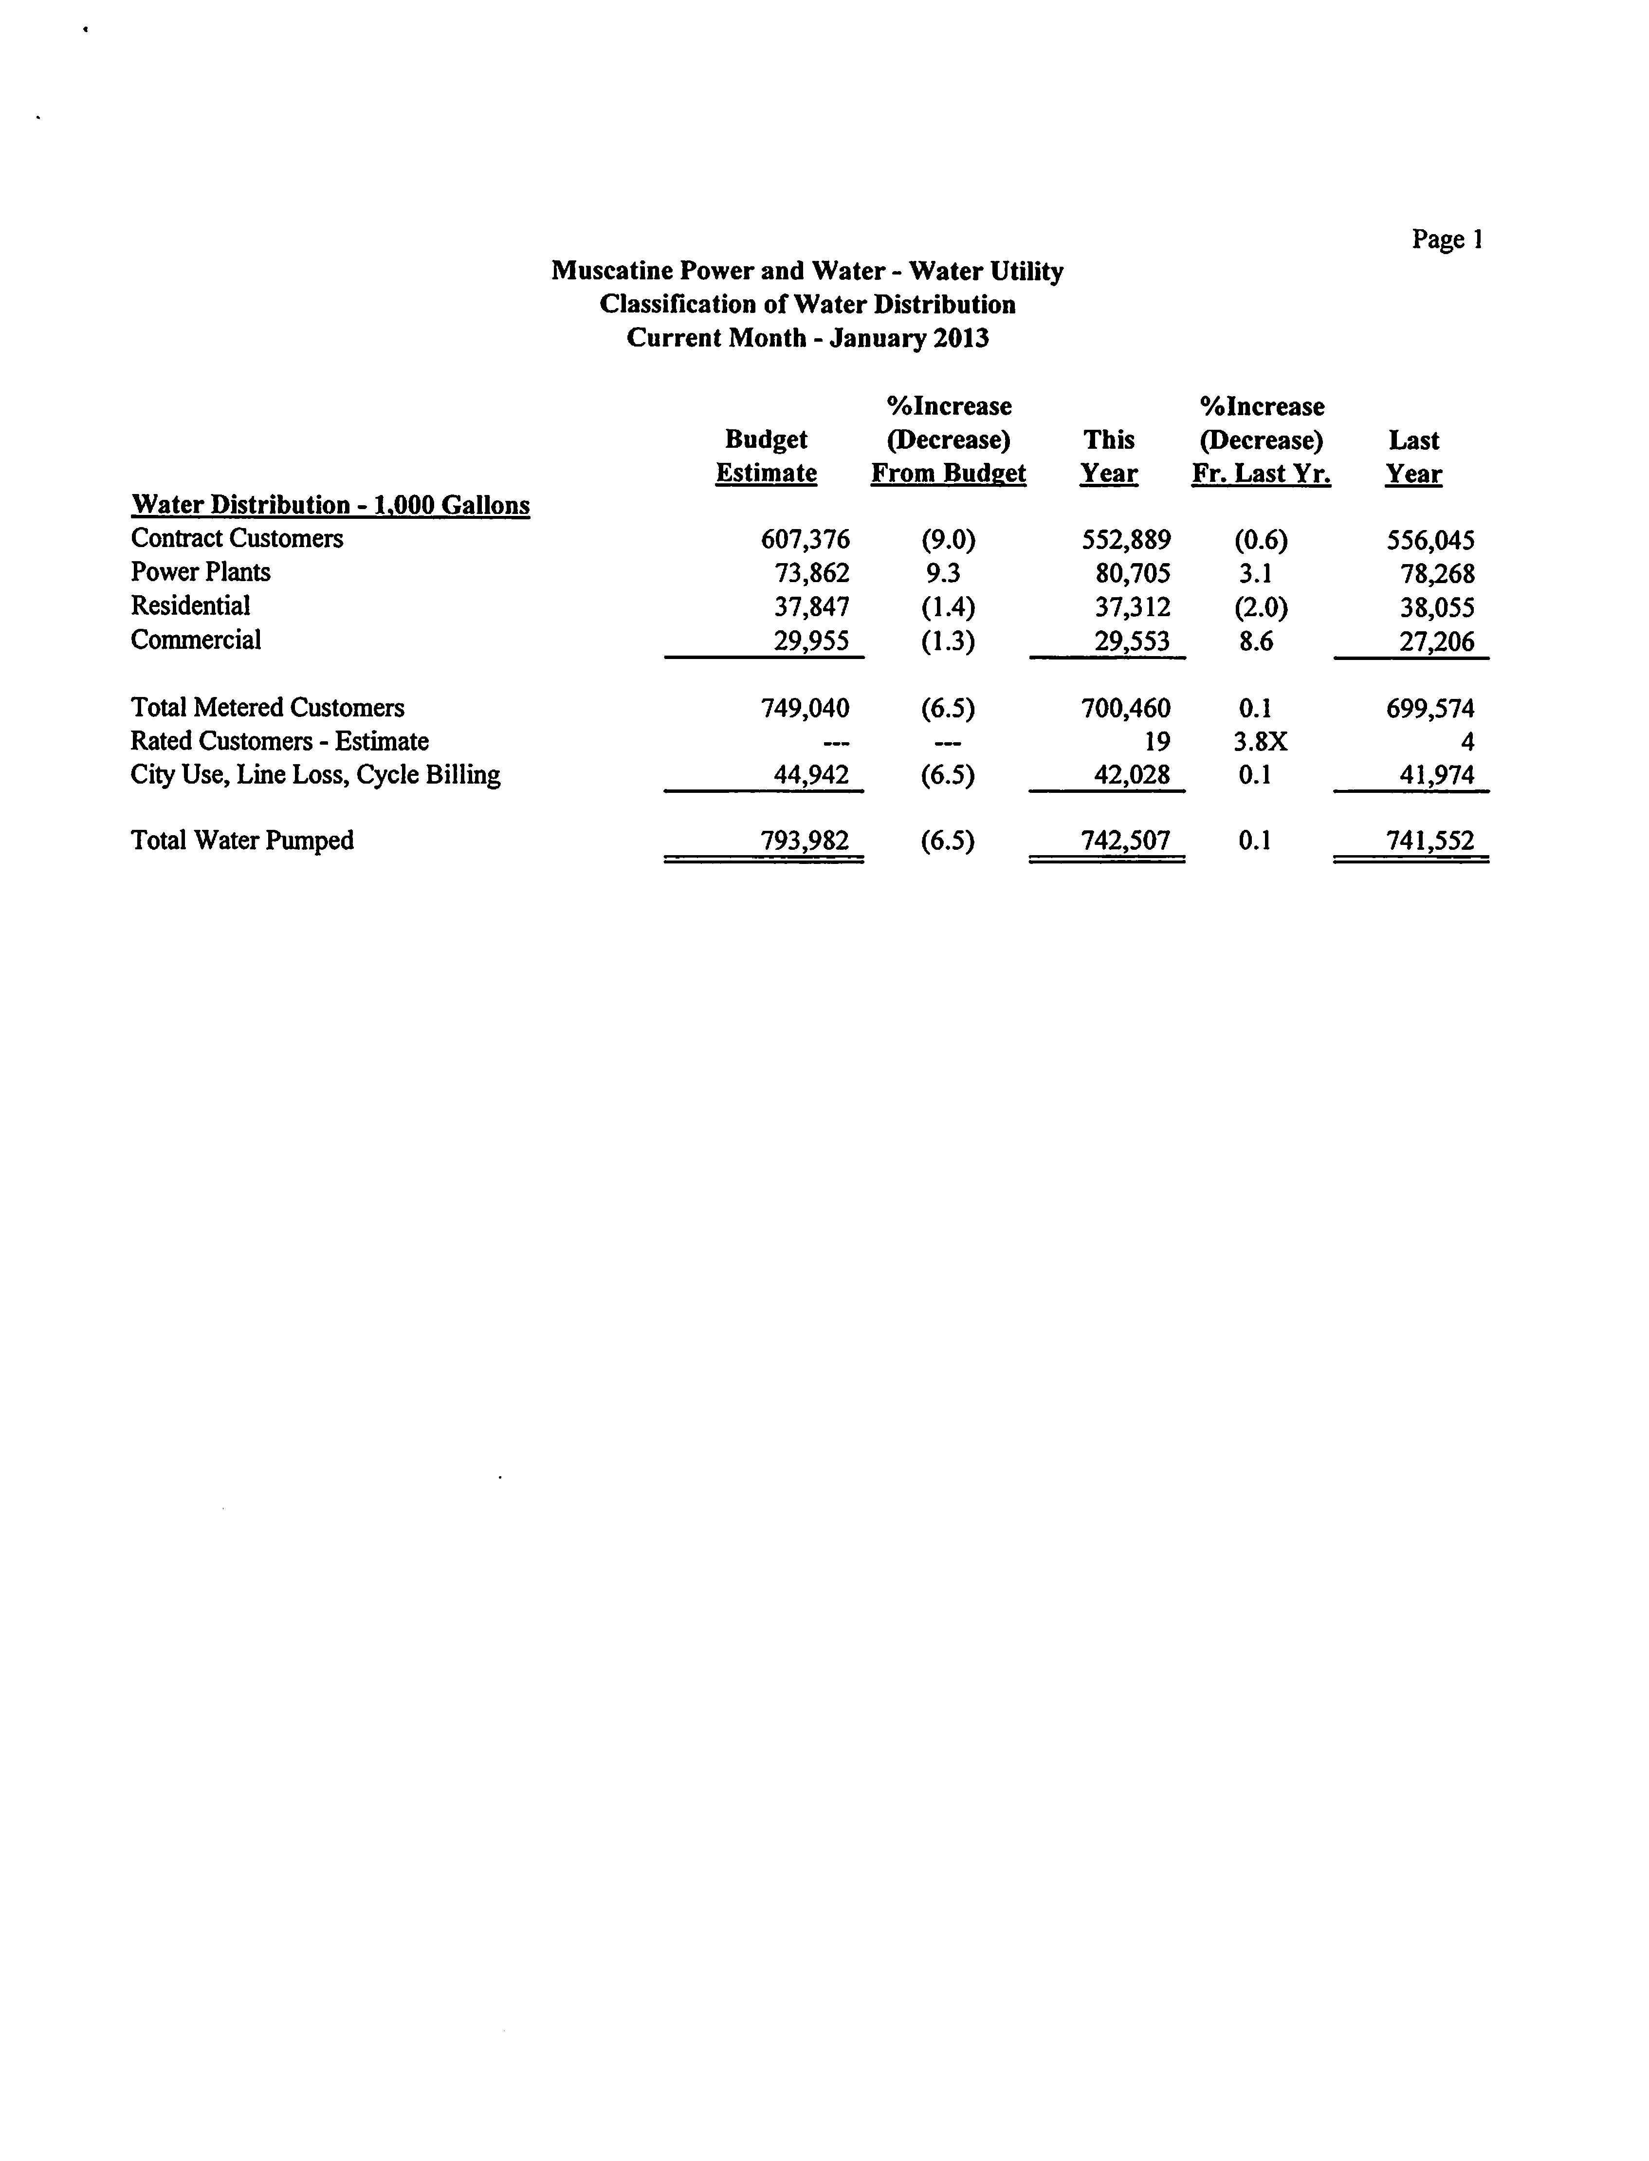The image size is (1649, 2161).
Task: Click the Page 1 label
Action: coord(1447,239)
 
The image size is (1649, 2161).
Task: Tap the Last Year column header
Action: coord(1413,457)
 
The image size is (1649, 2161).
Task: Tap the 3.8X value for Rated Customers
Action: coord(1260,742)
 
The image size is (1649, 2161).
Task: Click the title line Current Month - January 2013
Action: coord(807,339)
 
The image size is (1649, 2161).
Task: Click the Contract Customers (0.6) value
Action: coord(1260,540)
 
